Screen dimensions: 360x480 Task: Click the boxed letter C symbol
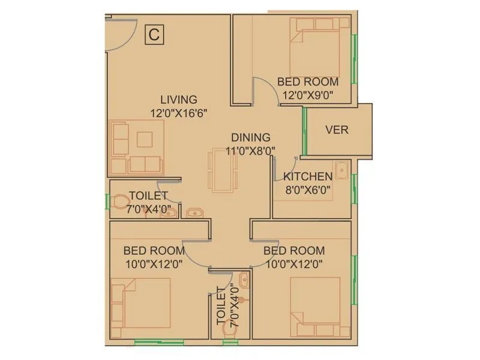154,35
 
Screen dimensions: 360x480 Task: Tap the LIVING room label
178,100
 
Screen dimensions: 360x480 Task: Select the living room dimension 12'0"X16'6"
179,112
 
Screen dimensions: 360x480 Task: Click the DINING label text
251,137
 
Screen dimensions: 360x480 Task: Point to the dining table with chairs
222,170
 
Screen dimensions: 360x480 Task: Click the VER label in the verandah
337,130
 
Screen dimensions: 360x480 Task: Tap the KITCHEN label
308,176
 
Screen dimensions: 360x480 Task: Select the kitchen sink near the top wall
341,170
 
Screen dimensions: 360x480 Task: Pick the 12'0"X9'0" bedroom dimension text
308,94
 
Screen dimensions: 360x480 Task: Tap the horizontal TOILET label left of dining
149,195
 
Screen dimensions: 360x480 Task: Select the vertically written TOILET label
220,305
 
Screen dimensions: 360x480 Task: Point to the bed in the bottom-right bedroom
315,306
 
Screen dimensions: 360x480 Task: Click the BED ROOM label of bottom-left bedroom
154,250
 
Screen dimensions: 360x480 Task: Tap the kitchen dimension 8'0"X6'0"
308,190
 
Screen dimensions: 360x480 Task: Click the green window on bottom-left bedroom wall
159,343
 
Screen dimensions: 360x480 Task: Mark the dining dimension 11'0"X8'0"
251,151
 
